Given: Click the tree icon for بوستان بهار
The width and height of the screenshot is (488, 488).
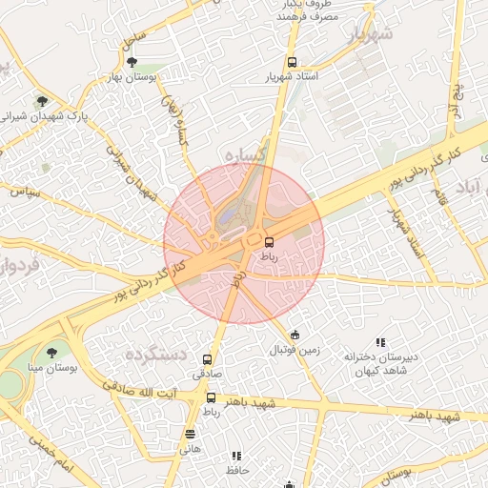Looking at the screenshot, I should click(x=132, y=61).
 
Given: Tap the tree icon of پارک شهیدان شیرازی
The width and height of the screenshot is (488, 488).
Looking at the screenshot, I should click(x=41, y=100).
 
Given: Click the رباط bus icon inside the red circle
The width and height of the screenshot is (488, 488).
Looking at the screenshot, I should click(x=269, y=241).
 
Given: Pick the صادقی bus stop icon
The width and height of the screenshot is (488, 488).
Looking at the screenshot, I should click(x=207, y=359).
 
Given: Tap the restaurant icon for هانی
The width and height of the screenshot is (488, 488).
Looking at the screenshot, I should click(x=190, y=434).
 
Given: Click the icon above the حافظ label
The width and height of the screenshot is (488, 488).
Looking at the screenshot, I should click(x=236, y=456).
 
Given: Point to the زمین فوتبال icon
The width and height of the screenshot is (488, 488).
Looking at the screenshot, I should click(x=295, y=335).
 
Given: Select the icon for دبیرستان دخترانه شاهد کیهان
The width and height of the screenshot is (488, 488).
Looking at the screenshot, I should click(x=380, y=342).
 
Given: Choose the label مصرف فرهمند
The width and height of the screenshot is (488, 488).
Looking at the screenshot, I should click(x=302, y=17).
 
